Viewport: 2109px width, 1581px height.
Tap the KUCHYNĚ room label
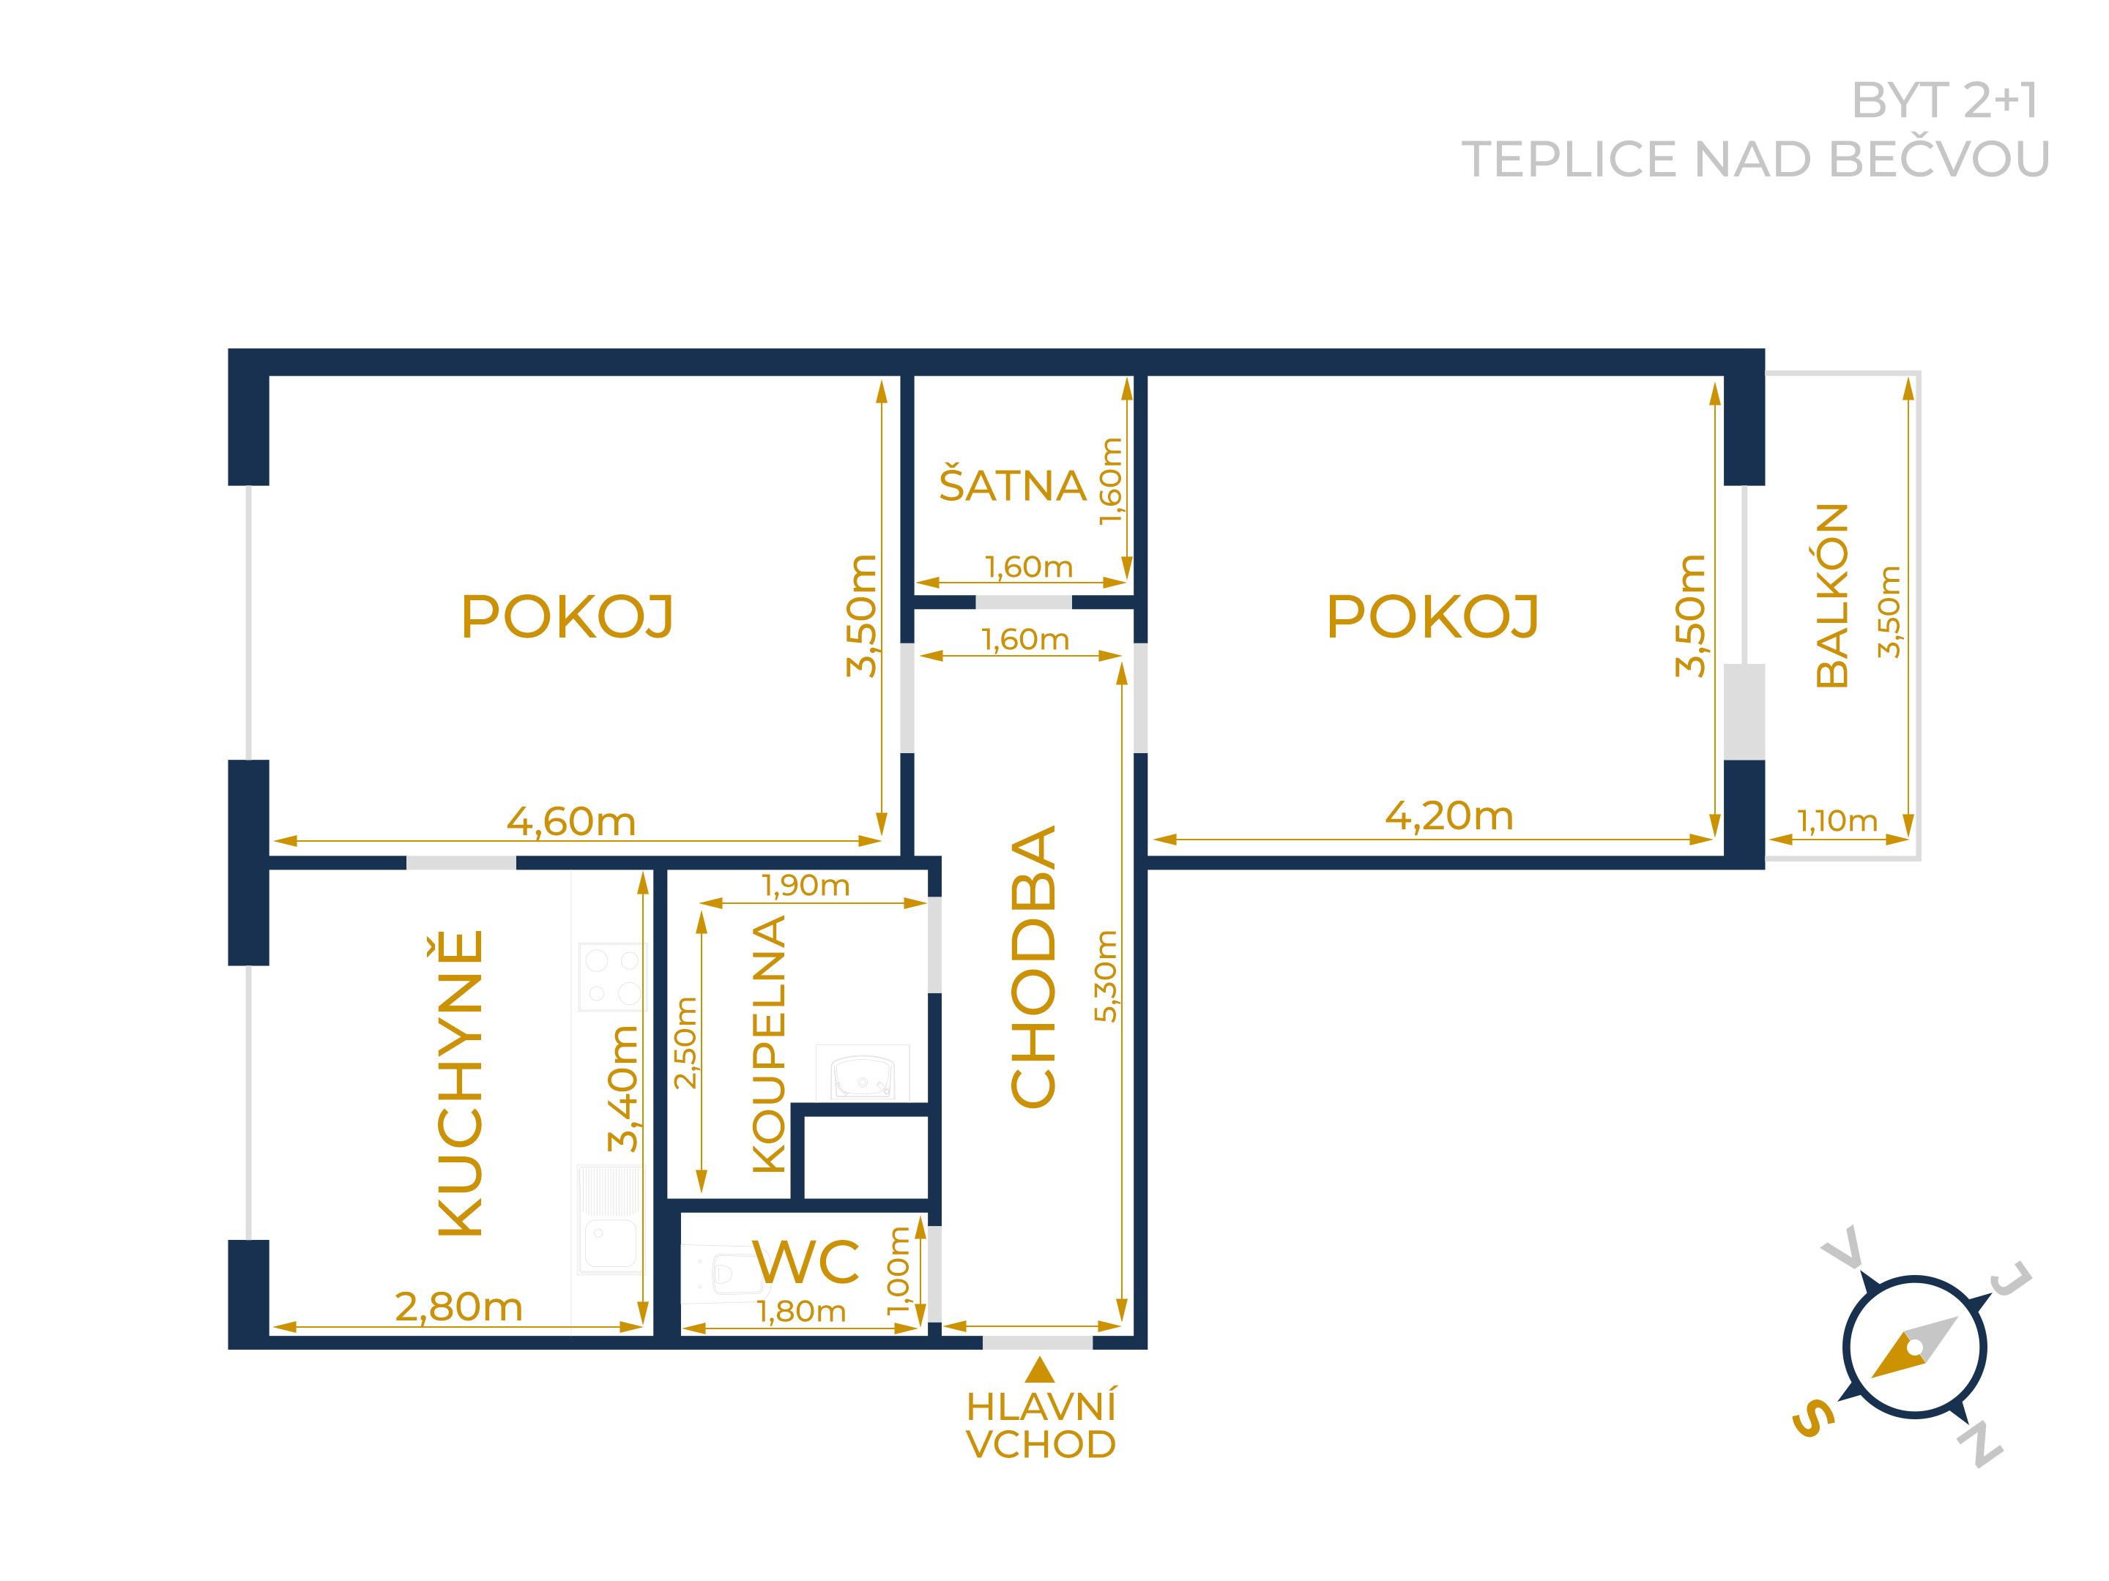point(461,1083)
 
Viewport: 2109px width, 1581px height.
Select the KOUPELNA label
point(768,1044)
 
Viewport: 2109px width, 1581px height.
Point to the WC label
point(806,1263)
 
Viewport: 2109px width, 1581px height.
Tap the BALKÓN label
point(1831,596)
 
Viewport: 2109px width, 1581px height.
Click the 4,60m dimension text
point(571,821)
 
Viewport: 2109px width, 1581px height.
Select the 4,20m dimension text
point(1449,816)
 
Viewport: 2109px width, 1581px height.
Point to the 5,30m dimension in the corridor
point(1105,977)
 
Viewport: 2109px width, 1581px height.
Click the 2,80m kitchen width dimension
point(458,1307)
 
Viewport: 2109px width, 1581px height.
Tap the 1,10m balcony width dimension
point(1837,821)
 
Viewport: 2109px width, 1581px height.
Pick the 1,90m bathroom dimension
point(806,886)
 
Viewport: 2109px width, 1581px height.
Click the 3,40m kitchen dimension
point(622,1088)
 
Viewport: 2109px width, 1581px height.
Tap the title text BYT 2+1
point(1944,100)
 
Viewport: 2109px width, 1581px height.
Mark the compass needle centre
point(1914,1348)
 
